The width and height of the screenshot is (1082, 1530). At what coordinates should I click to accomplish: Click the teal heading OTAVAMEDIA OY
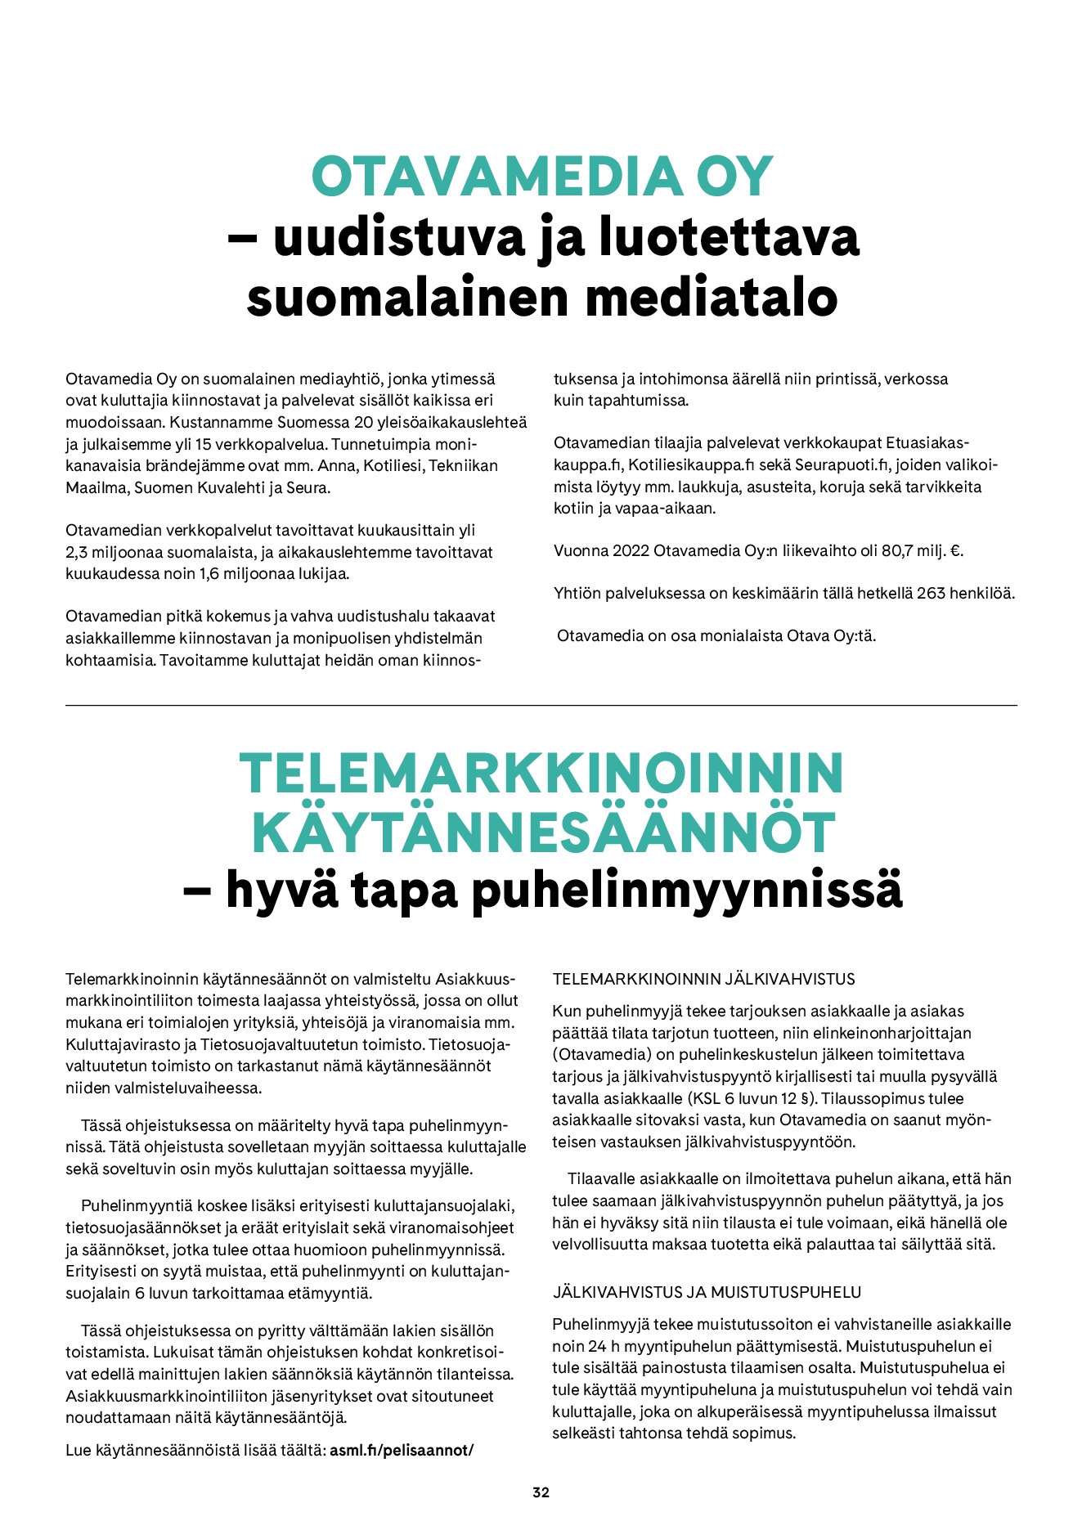click(541, 176)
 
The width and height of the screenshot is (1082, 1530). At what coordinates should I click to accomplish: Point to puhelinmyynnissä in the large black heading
click(687, 891)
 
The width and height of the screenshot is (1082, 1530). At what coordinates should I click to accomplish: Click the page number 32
click(541, 1492)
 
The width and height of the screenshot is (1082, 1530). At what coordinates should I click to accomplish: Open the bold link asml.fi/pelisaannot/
click(402, 1450)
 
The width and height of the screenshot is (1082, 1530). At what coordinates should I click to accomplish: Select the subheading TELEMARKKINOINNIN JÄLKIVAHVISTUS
click(703, 979)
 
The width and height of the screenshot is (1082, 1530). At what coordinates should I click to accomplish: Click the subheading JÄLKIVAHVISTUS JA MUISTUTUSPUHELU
click(707, 1292)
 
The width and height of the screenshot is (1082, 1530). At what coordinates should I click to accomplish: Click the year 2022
click(631, 550)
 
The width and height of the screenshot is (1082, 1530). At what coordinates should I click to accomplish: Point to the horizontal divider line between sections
click(541, 705)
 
